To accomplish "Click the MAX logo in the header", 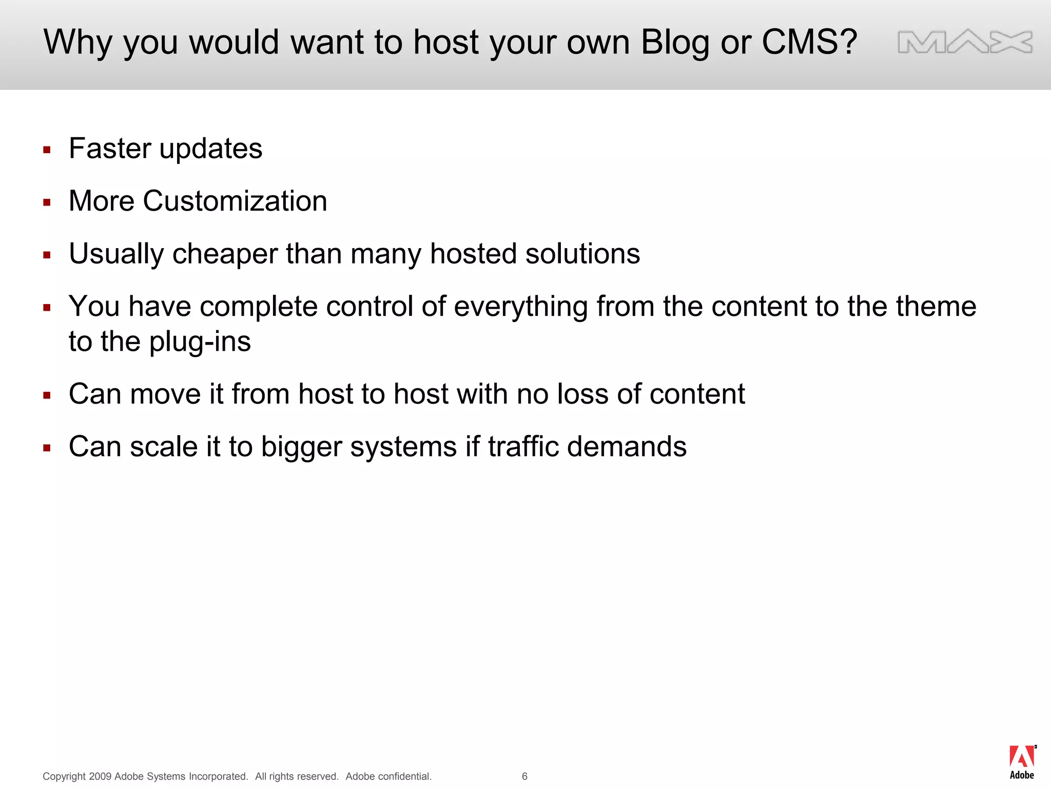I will [965, 42].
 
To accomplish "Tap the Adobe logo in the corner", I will [1022, 762].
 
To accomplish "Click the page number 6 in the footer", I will [524, 776].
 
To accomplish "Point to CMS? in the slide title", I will [809, 42].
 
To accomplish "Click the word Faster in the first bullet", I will [110, 148].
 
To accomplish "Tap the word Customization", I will [235, 201].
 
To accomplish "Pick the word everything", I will [520, 307].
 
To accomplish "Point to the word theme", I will [936, 307].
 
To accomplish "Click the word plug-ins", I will [200, 342].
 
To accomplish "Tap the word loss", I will [583, 394].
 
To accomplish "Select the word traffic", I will [523, 446].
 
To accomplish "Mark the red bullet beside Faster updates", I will [47, 150].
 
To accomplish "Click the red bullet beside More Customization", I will [47, 202].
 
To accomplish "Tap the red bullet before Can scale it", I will [47, 448].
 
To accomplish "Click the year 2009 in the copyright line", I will [100, 776].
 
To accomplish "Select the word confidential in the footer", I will [405, 776].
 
